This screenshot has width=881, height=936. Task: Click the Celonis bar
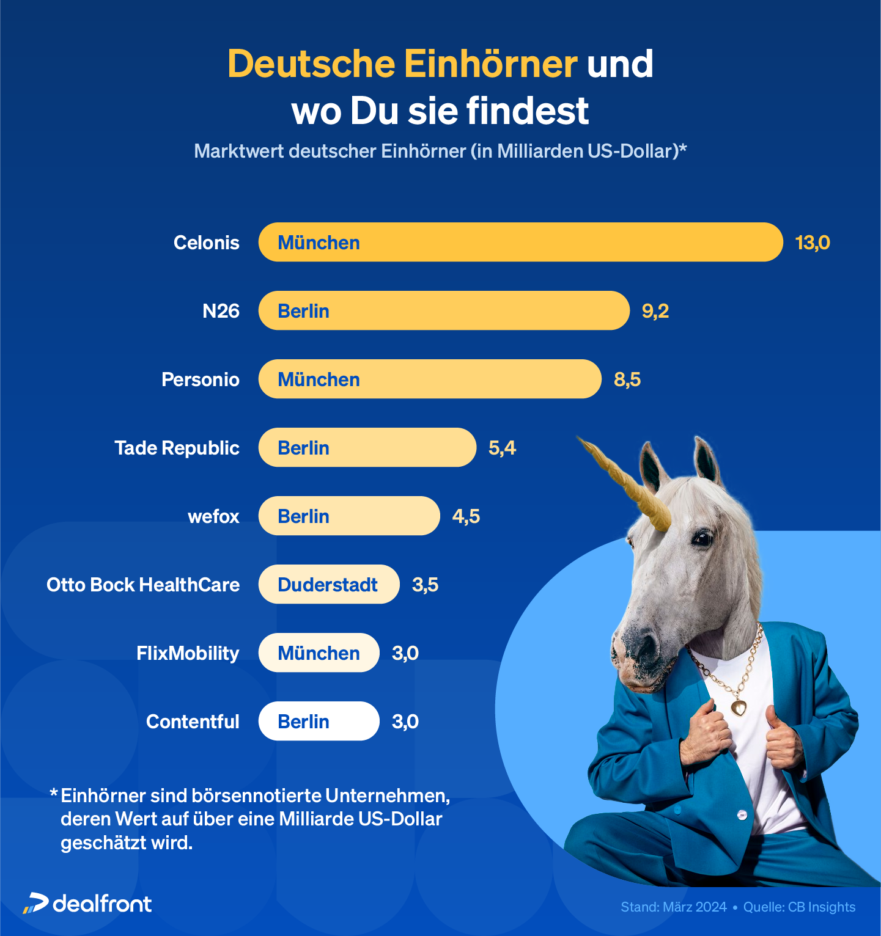pos(520,243)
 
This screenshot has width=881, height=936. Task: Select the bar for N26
pos(443,311)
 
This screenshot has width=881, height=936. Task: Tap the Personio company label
pos(201,379)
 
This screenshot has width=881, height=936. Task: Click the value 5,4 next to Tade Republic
pos(502,448)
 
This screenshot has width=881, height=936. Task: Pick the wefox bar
pos(348,516)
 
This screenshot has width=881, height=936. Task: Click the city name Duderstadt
pos(328,585)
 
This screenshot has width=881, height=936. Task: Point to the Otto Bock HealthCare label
pos(143,585)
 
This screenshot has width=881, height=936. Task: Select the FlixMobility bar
pos(319,653)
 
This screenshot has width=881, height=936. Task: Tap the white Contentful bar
pos(319,722)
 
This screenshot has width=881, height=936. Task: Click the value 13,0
pos(813,243)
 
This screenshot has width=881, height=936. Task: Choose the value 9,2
pos(655,311)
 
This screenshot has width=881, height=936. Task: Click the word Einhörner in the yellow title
pos(490,64)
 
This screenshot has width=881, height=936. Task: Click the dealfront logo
pos(87,904)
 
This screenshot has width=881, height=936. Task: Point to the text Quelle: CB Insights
pos(799,907)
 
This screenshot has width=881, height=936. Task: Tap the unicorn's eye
pos(702,538)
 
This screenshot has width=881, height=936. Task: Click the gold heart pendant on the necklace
pos(739,707)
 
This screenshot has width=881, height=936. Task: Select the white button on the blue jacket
pos(742,814)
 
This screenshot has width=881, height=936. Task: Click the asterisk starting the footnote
pos(54,794)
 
